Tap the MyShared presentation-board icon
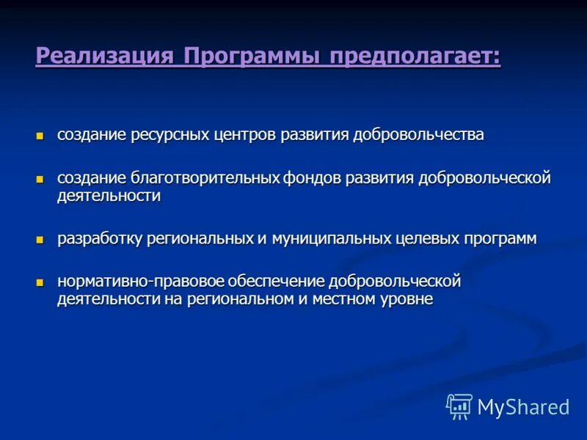click(459, 406)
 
